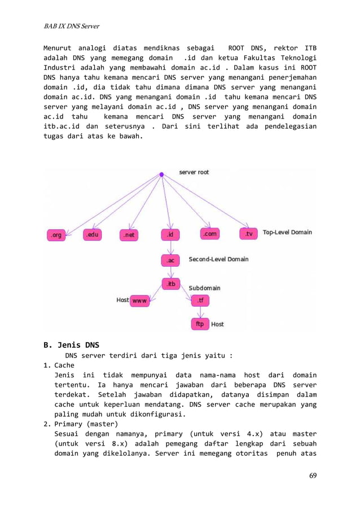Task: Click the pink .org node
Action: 55,235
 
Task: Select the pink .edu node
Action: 92,235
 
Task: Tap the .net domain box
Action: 129,235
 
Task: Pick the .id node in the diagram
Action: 169,234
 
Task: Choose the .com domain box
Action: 209,234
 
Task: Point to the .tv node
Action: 248,234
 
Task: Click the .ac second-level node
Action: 170,260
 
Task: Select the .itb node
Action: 170,284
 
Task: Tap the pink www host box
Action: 139,301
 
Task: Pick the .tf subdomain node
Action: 200,301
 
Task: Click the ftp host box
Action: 200,325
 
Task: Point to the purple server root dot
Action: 161,175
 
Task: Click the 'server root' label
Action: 194,172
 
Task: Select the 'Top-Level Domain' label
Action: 287,232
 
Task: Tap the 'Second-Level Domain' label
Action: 218,260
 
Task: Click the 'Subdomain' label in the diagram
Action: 204,288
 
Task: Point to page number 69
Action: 313,475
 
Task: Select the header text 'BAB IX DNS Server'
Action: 72,26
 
